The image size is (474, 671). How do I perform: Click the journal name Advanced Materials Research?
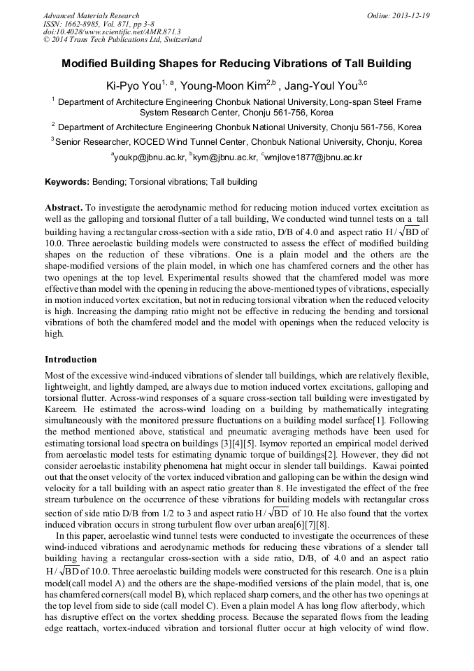(x=91, y=15)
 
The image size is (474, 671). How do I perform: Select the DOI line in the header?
(x=112, y=32)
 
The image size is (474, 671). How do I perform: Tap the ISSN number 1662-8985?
(x=85, y=24)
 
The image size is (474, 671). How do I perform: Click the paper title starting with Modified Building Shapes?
(x=236, y=64)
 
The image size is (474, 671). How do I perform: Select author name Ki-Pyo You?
(x=133, y=86)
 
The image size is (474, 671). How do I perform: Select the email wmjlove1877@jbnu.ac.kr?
(x=313, y=157)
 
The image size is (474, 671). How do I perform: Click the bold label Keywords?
(x=67, y=182)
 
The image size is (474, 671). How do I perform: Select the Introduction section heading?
(x=71, y=359)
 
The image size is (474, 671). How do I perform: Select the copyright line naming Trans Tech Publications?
(x=122, y=41)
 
